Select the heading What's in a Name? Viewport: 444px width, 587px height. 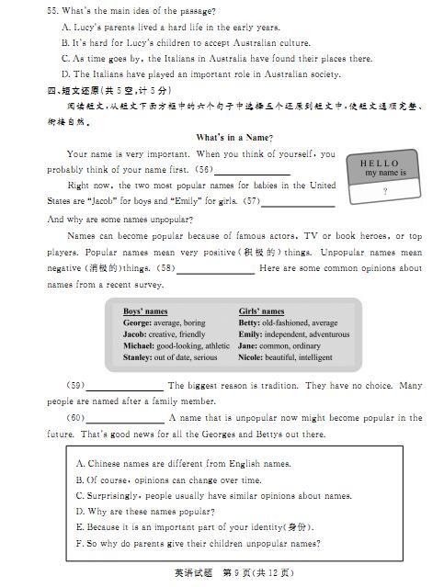pyautogui.click(x=233, y=138)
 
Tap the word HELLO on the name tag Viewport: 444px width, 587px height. pyautogui.click(x=381, y=163)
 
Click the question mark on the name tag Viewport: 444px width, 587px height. pyautogui.click(x=384, y=191)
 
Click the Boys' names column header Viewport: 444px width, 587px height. pyautogui.click(x=145, y=311)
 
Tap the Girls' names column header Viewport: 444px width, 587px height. pyautogui.click(x=261, y=311)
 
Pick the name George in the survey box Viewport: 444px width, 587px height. pyautogui.click(x=137, y=323)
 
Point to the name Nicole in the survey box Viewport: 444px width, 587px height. pyautogui.click(x=250, y=357)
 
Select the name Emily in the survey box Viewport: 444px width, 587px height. pyautogui.click(x=250, y=334)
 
